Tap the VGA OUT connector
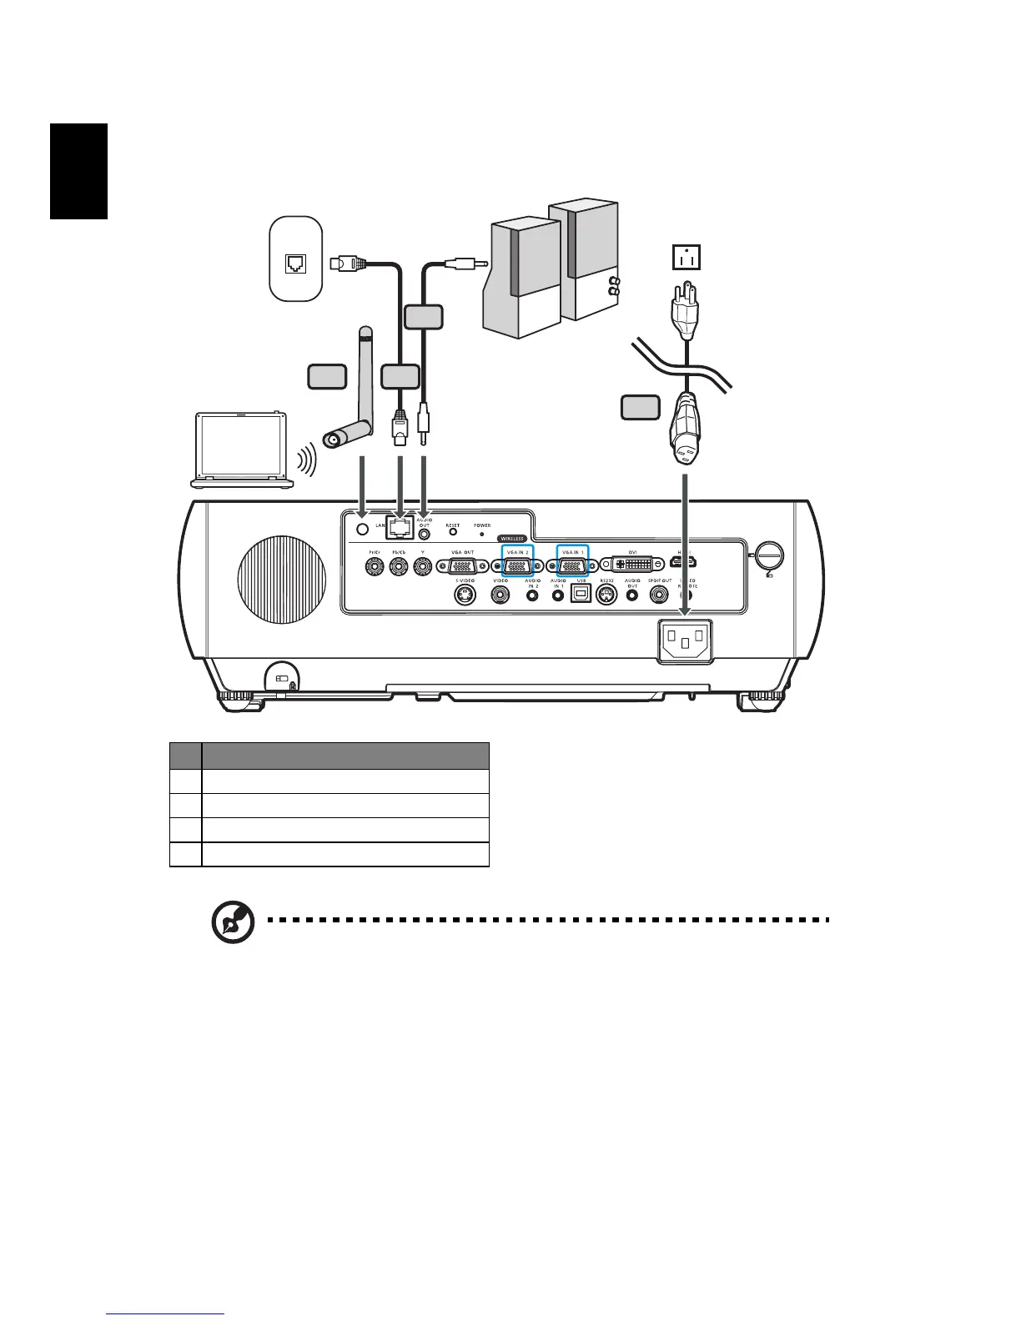[x=462, y=565]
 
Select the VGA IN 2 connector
[x=517, y=565]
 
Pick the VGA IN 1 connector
[x=572, y=565]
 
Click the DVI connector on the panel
[x=632, y=565]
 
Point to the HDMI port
[x=686, y=563]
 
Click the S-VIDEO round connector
[x=465, y=595]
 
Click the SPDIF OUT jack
[x=659, y=595]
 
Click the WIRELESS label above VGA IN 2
[x=512, y=539]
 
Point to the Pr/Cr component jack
[x=375, y=566]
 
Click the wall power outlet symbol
[x=687, y=257]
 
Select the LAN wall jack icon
[x=296, y=264]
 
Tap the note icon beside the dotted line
[x=233, y=922]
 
